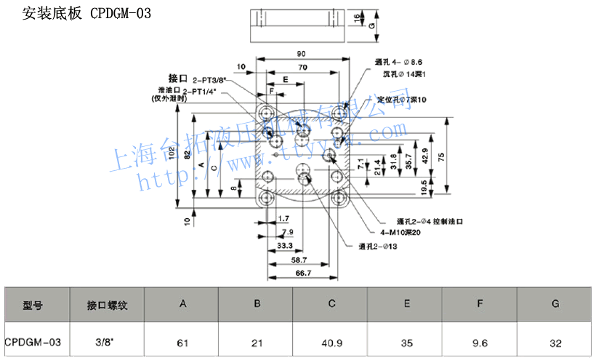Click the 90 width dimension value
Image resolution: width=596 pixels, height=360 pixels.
300,54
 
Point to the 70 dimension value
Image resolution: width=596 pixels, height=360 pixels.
300,67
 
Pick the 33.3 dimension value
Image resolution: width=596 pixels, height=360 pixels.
286,247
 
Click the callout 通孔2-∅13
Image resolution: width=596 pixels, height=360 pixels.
377,246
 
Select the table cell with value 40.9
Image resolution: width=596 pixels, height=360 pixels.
331,341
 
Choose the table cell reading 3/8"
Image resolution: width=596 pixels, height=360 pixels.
107,341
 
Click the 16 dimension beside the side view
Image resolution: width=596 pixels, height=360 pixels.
357,19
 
